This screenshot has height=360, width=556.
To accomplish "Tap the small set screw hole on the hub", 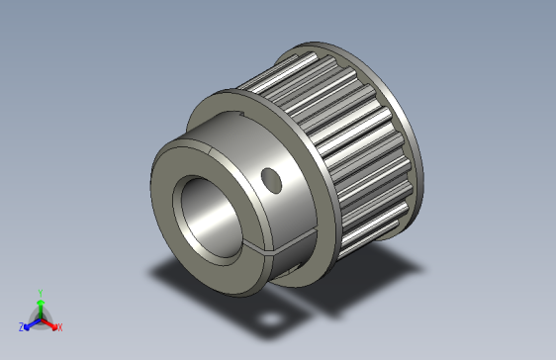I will click(x=269, y=179).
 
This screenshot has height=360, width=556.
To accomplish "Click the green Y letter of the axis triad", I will click(x=41, y=292).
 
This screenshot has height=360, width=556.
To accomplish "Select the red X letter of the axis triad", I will click(x=59, y=326).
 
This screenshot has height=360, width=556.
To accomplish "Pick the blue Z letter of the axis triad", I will click(x=21, y=326).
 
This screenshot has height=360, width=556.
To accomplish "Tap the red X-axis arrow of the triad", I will click(x=50, y=322).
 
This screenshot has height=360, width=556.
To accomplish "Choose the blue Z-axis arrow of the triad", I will click(x=31, y=322).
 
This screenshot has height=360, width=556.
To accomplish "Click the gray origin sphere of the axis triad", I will click(x=41, y=318).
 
